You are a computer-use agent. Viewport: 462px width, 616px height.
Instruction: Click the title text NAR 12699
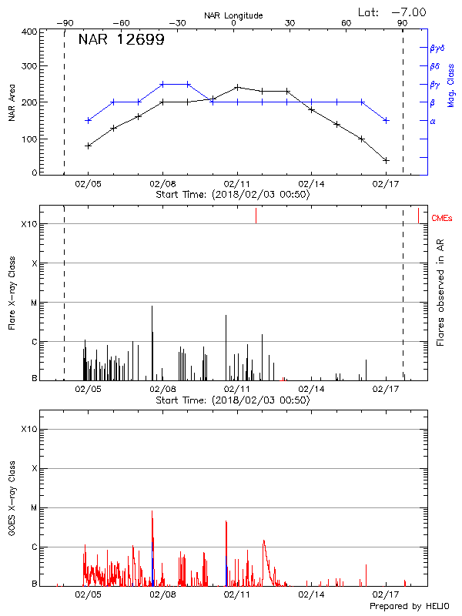pyautogui.click(x=121, y=40)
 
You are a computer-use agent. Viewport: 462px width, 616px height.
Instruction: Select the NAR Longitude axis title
pyautogui.click(x=233, y=15)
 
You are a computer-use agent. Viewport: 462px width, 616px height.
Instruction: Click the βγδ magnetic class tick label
pyautogui.click(x=438, y=48)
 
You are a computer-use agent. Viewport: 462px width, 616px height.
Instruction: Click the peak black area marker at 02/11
pyautogui.click(x=237, y=87)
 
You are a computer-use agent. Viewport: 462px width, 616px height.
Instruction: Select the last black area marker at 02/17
pyautogui.click(x=386, y=160)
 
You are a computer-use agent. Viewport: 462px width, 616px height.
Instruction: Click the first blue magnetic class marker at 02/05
pyautogui.click(x=89, y=120)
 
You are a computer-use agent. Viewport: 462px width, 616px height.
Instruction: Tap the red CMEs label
pyautogui.click(x=443, y=219)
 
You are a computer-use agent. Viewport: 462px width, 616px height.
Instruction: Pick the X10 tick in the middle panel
pyautogui.click(x=28, y=224)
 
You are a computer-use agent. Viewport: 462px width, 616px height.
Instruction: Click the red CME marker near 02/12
pyautogui.click(x=256, y=216)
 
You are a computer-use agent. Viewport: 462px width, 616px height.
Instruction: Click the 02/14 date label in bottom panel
pyautogui.click(x=311, y=594)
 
